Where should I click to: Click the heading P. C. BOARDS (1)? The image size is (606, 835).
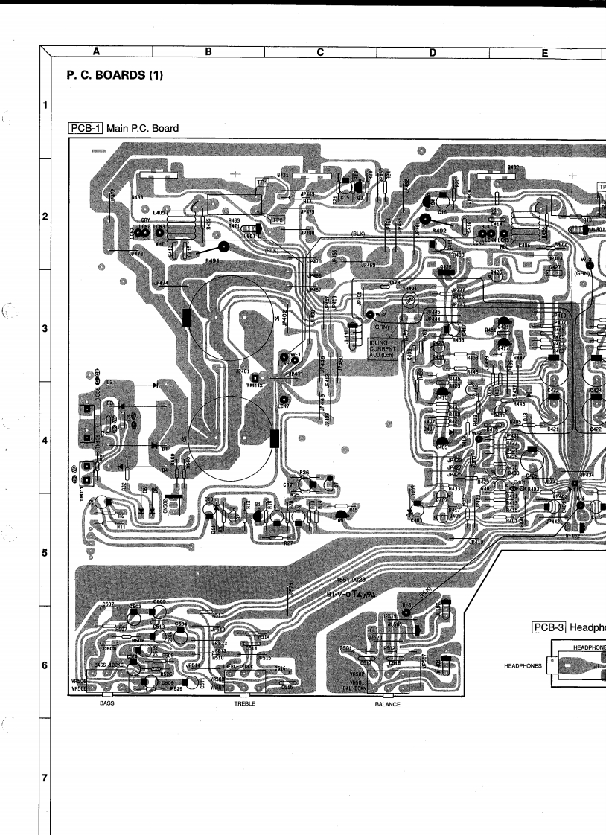[x=115, y=76]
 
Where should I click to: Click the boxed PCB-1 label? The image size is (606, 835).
[x=86, y=129]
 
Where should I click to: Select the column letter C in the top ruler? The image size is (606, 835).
[x=320, y=51]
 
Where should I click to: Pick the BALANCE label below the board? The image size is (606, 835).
[x=387, y=703]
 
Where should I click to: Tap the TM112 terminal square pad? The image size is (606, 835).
[x=255, y=377]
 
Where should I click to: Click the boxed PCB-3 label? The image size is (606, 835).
[x=549, y=627]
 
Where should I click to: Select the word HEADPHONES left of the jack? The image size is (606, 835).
[x=521, y=666]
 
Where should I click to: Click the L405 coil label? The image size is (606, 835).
[x=157, y=213]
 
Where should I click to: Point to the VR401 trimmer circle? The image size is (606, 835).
[x=408, y=301]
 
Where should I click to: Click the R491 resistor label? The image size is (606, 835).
[x=212, y=261]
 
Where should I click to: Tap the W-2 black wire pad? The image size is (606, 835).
[x=371, y=316]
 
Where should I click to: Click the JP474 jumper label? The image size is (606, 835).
[x=160, y=283]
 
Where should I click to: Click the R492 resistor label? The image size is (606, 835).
[x=438, y=231]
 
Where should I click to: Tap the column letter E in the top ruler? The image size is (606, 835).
[x=545, y=51]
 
